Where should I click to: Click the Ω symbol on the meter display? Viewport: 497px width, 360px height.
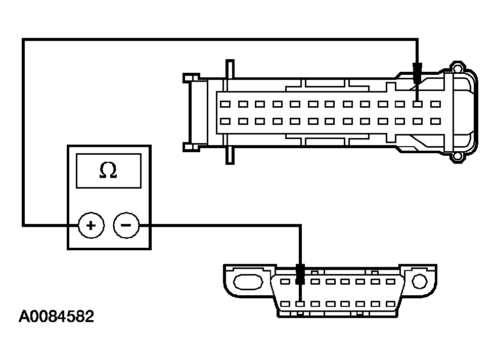(108, 171)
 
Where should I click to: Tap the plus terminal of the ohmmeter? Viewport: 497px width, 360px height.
(91, 225)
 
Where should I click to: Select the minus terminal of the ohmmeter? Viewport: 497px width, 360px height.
(126, 225)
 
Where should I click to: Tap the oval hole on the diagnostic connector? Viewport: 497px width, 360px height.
(248, 281)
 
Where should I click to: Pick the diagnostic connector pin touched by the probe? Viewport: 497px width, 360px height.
(300, 304)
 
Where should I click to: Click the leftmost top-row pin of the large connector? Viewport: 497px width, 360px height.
(225, 104)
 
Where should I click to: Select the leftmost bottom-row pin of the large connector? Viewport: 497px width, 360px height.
(225, 121)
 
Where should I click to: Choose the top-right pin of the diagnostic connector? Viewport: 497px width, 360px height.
(390, 281)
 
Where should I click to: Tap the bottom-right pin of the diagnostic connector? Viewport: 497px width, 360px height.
(390, 304)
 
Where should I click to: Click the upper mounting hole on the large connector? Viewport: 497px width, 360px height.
(458, 68)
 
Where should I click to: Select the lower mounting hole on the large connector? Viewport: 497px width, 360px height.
(458, 157)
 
